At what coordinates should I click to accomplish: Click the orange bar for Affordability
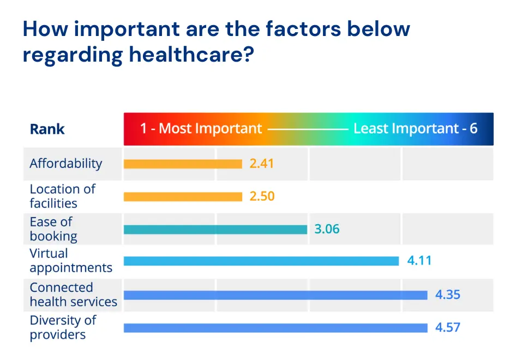pos(183,164)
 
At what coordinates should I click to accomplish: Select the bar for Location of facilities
pos(183,196)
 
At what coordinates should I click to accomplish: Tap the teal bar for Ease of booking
pos(215,229)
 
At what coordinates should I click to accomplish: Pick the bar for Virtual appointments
pos(261,261)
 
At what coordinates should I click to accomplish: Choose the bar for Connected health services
pos(275,295)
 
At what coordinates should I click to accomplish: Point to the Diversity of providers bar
pos(275,328)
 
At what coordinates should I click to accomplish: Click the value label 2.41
pos(261,164)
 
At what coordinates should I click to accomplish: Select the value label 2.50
pos(262,196)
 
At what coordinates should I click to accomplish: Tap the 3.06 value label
pos(327,229)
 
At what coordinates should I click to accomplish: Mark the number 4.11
pos(419,261)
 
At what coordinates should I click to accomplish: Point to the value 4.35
pos(447,295)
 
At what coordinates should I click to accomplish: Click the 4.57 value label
pos(447,328)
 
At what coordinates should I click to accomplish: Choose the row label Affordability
pos(66,164)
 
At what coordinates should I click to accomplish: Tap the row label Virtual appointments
pos(71,261)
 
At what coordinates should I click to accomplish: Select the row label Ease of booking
pos(53,229)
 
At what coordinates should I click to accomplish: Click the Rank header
pos(47,129)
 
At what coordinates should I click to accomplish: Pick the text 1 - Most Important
pos(201,129)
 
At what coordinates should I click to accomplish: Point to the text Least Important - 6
pos(415,129)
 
